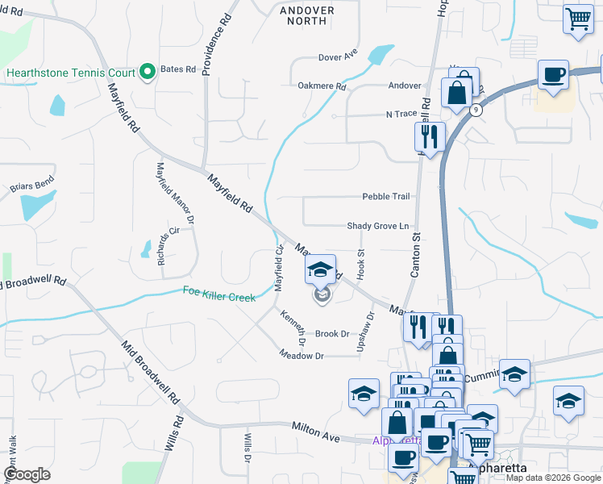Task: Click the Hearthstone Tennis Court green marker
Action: [x=148, y=73]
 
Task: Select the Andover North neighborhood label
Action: [x=306, y=15]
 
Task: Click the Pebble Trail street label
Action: [x=385, y=197]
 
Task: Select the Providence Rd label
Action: [x=216, y=44]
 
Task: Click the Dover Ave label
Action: [x=337, y=57]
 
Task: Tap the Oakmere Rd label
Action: [x=322, y=86]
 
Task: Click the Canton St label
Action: [x=416, y=255]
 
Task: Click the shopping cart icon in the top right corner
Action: [x=578, y=19]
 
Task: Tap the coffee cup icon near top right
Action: [x=553, y=75]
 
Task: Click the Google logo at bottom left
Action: [x=27, y=474]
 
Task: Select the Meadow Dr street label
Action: [x=301, y=355]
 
